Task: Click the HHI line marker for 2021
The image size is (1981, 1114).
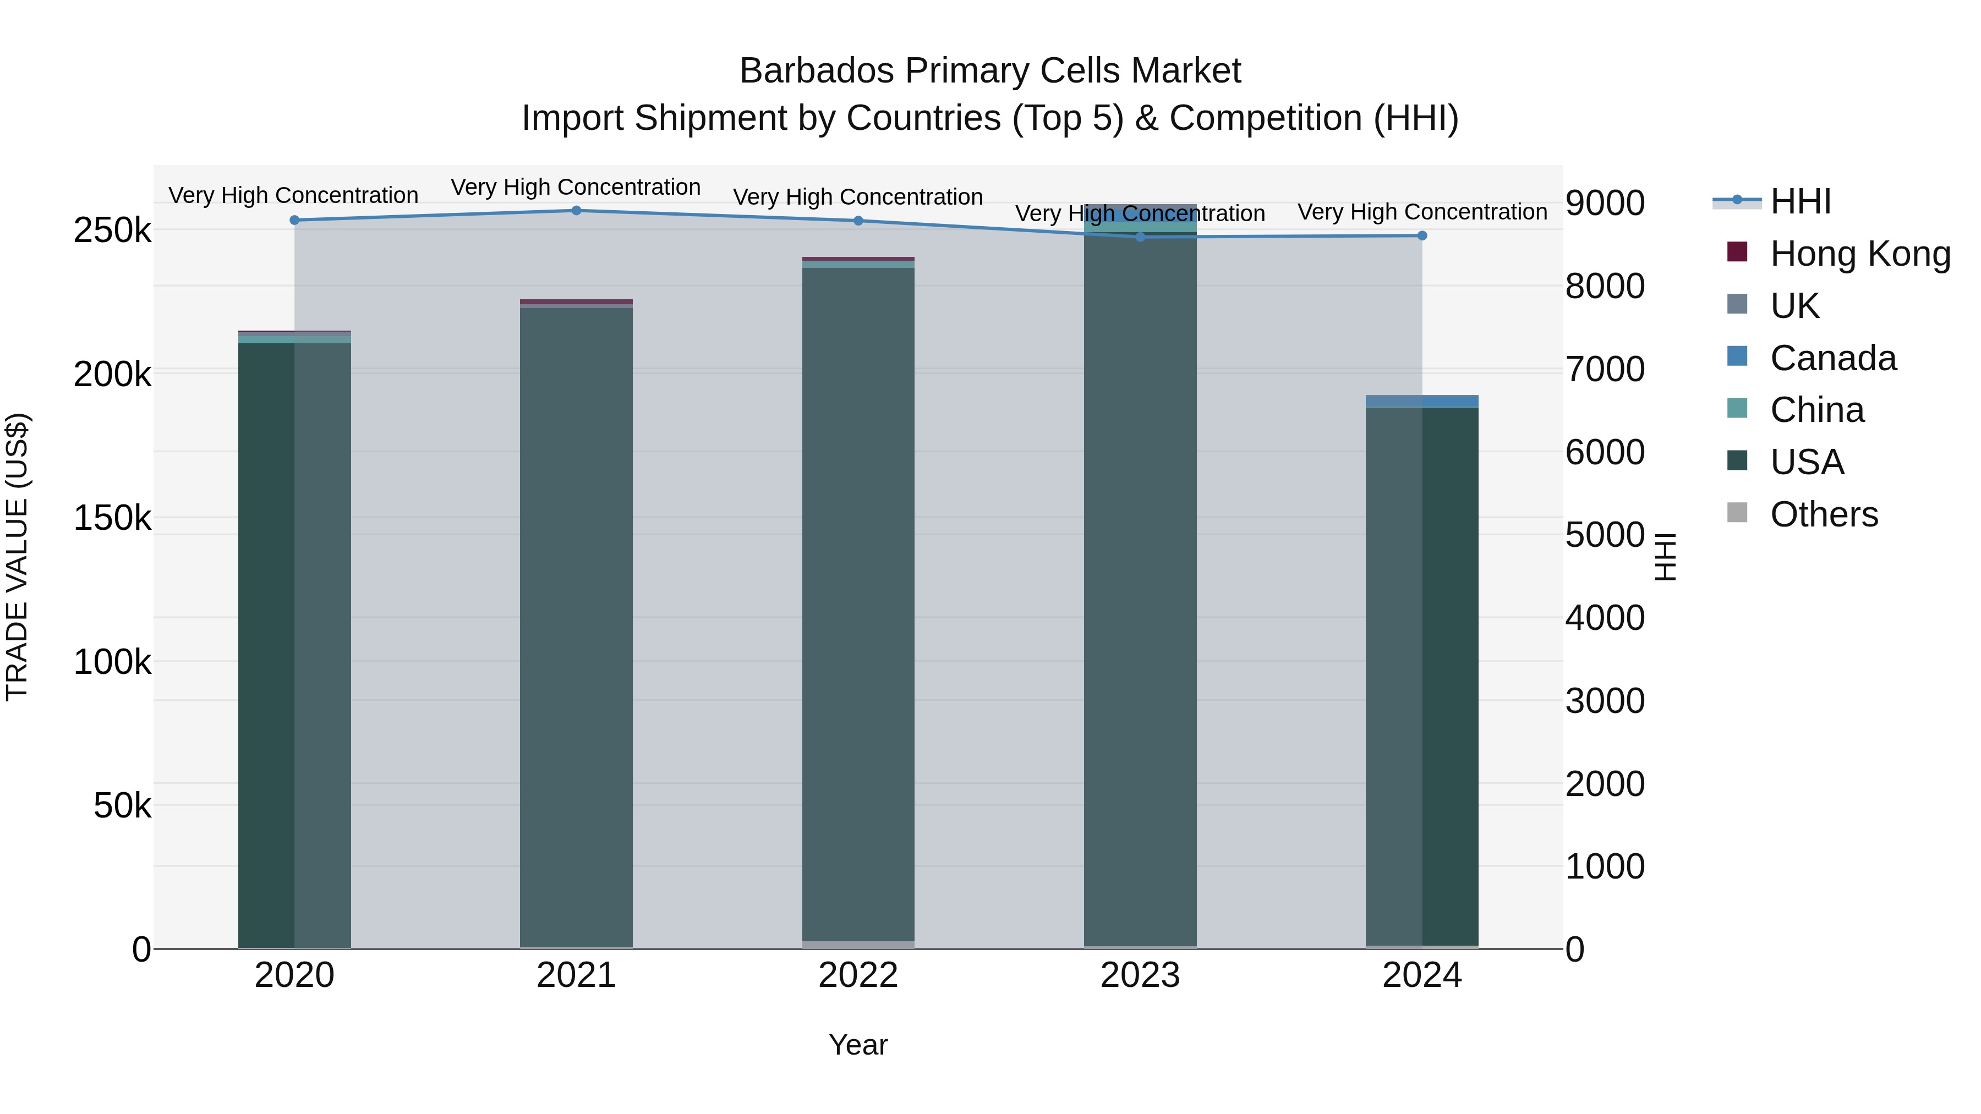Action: pyautogui.click(x=576, y=211)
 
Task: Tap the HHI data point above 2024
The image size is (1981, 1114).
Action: pyautogui.click(x=1422, y=236)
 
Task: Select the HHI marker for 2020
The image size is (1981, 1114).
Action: pyautogui.click(x=294, y=221)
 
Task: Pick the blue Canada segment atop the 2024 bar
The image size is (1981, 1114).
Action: pyautogui.click(x=1422, y=402)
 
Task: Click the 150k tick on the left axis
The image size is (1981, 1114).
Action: pyautogui.click(x=112, y=518)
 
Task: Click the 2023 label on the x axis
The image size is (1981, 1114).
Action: pyautogui.click(x=1140, y=975)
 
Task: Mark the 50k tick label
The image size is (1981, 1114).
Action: pyautogui.click(x=122, y=806)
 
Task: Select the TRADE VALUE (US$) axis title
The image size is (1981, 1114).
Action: pyautogui.click(x=17, y=557)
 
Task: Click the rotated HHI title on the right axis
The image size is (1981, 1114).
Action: pyautogui.click(x=1666, y=557)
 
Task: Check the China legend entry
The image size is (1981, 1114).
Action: pyautogui.click(x=1816, y=410)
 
